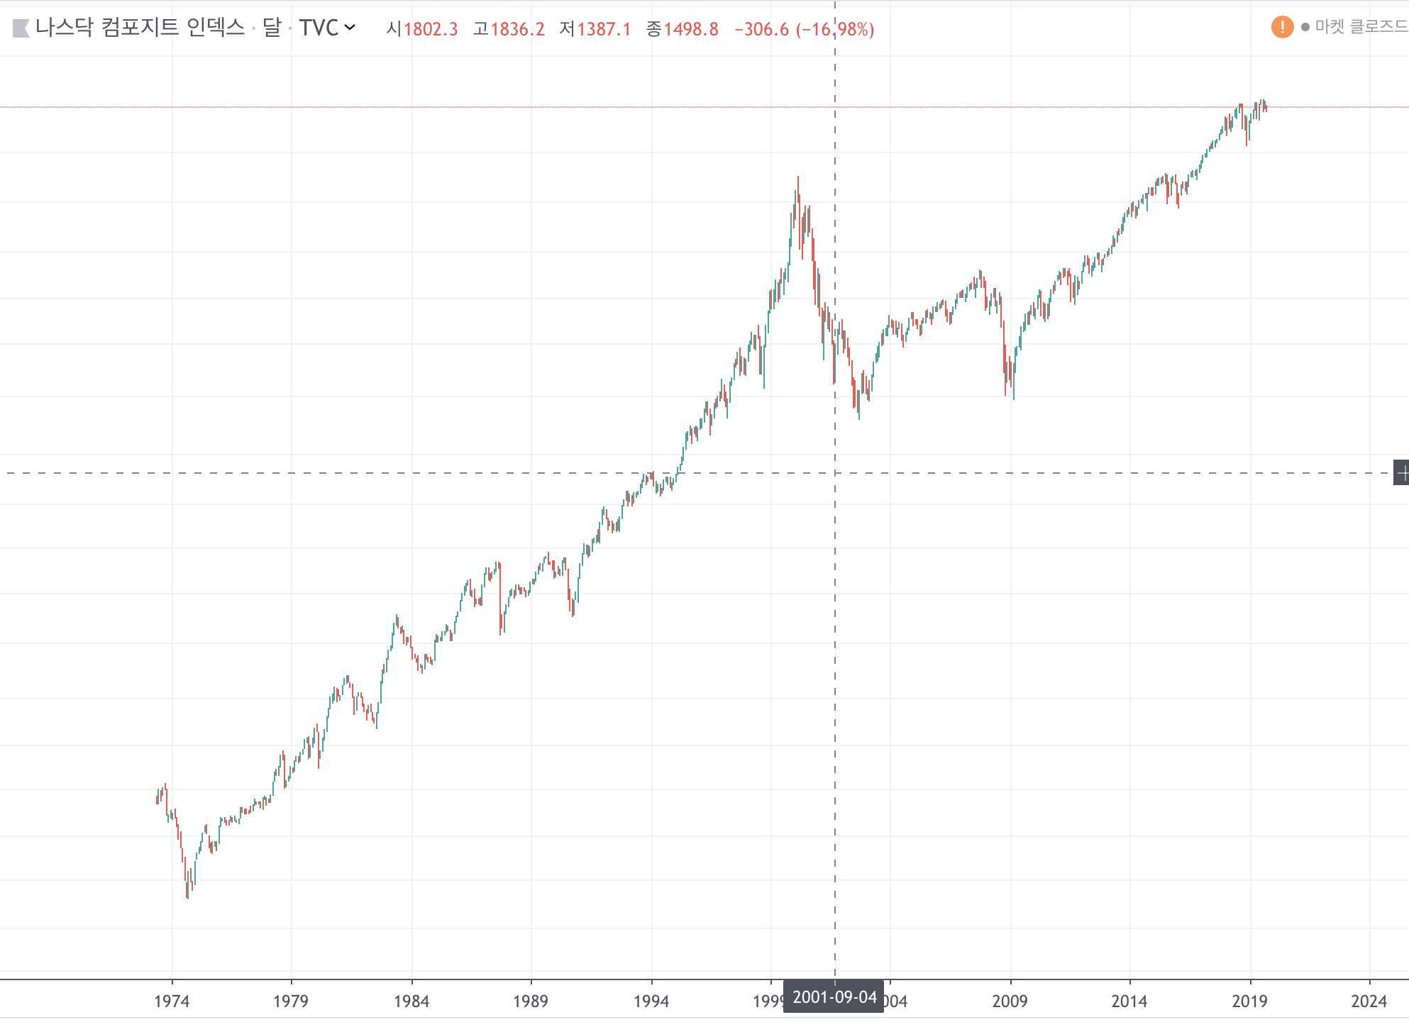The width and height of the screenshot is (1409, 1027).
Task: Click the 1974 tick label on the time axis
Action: (172, 1001)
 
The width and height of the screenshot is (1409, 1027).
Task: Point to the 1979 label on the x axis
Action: (291, 1001)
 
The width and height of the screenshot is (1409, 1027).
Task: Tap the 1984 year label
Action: (411, 1001)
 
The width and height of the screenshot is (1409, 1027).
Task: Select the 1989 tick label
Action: (531, 1001)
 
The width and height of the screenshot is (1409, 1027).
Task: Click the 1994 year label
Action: (651, 1001)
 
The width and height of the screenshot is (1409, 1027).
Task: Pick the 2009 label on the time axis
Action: (1010, 1001)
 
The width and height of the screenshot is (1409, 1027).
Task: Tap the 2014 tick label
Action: (1129, 1001)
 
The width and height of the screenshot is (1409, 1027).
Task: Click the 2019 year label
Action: (1249, 1001)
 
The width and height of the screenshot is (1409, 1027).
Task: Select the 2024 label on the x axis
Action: (1369, 1001)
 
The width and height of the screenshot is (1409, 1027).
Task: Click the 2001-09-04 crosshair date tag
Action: (834, 997)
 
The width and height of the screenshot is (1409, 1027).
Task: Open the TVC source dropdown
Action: (327, 28)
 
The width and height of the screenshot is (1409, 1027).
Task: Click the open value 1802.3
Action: (431, 29)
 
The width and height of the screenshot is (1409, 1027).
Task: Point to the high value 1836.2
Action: (517, 29)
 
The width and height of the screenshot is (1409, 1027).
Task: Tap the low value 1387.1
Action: (604, 29)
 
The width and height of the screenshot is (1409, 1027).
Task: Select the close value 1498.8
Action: (691, 29)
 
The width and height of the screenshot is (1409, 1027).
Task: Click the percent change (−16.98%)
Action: (835, 29)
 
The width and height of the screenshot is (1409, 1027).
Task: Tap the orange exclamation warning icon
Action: (1282, 27)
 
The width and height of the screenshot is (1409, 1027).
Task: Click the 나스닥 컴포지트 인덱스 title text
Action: (140, 28)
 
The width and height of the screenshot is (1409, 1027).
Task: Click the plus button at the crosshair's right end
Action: (1401, 473)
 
